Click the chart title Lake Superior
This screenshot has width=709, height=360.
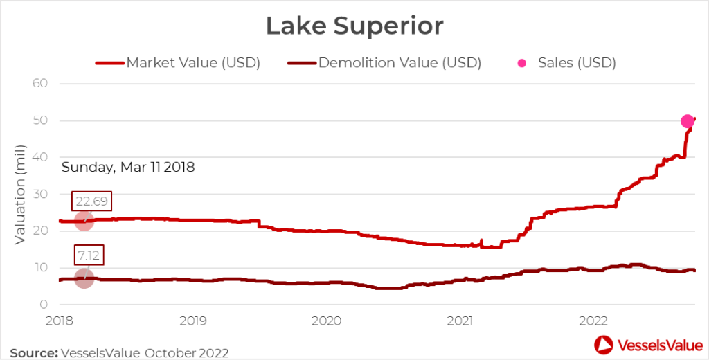[x=354, y=26]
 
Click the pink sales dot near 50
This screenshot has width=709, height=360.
[x=688, y=121]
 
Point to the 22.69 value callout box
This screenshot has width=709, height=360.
[x=91, y=201]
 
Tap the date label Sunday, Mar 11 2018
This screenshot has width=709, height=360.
[x=128, y=167]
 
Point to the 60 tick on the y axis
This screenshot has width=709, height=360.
[x=39, y=84]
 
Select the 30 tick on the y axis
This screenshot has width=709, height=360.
[x=39, y=194]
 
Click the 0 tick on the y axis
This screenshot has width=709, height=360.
[x=43, y=304]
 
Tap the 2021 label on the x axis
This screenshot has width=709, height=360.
[x=460, y=321]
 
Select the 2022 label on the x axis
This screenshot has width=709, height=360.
[x=593, y=321]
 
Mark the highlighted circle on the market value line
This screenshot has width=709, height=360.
[x=84, y=222]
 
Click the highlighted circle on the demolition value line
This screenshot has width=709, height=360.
[x=84, y=278]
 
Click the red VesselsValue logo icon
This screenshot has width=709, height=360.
[x=602, y=344]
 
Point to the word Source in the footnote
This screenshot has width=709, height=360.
[x=33, y=352]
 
